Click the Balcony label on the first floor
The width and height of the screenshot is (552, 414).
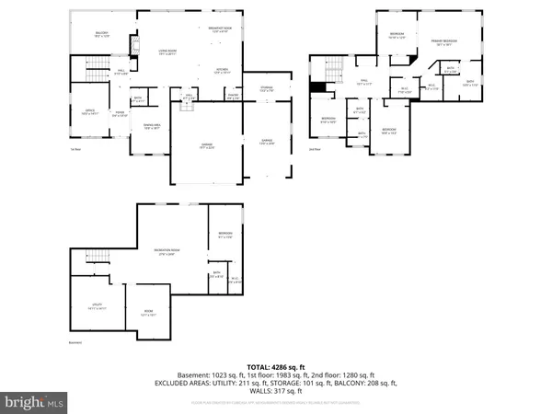pos(102,35)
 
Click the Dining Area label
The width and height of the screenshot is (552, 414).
pos(152,129)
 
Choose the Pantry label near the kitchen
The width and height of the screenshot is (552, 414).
pos(233,96)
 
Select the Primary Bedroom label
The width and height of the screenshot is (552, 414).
pos(444,42)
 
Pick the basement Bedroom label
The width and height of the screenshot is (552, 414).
pos(225,236)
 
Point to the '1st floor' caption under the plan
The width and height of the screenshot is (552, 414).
pos(74,149)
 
